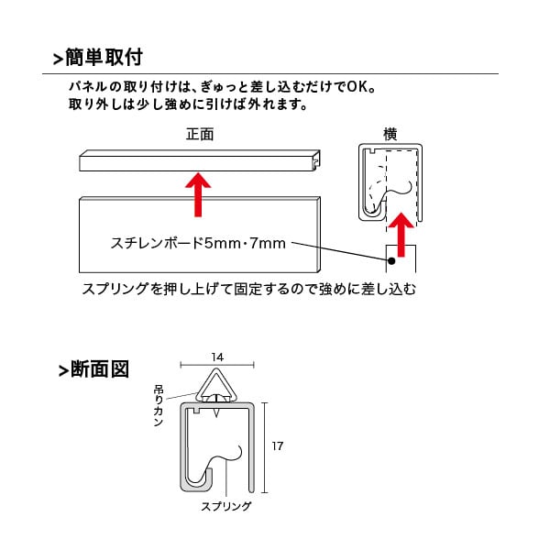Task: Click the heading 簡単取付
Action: tap(104, 57)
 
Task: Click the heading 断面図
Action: tap(100, 369)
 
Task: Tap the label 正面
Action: tap(200, 134)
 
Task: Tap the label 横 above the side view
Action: tap(390, 134)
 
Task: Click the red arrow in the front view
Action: tap(198, 195)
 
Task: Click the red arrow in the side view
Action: tap(401, 235)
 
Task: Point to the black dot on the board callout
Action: tap(391, 260)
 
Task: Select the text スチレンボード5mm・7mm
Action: tap(198, 243)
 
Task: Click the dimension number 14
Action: tap(217, 357)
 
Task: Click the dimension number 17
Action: tap(277, 445)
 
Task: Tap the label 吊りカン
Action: tap(159, 405)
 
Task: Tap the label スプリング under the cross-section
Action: tap(226, 506)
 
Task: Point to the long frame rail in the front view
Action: tap(200, 160)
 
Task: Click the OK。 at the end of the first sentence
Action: tap(361, 87)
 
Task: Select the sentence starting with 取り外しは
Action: tap(188, 104)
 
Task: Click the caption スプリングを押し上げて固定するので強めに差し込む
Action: tap(249, 289)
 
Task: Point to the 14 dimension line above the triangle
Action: tap(217, 365)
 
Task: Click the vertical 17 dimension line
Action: tap(265, 447)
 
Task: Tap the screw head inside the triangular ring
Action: tap(217, 398)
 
